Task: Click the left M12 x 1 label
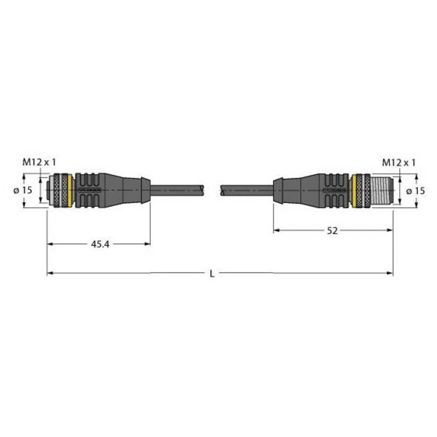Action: point(39,162)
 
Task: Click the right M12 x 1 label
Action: point(399,162)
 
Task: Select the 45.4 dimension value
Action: point(100,245)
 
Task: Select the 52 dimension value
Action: point(332,231)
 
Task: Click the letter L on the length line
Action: point(212,274)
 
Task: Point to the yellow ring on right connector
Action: point(352,190)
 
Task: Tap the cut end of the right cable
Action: point(222,190)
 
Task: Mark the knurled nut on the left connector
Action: point(61,190)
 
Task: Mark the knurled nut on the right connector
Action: point(362,190)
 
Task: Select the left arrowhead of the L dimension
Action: point(49,273)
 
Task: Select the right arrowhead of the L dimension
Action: point(390,273)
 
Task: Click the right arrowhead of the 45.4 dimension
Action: point(148,244)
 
